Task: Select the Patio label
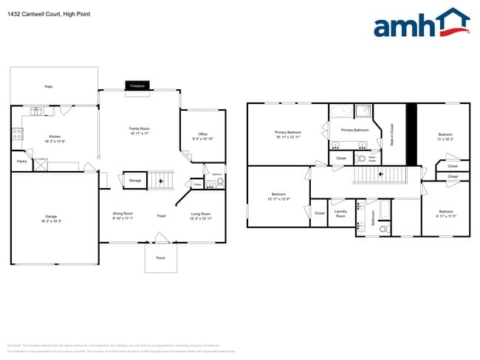(x=49, y=87)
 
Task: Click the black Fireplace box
(x=137, y=86)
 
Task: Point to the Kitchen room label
(x=55, y=136)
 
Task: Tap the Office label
(x=202, y=134)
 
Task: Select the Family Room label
(x=140, y=129)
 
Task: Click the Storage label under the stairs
(x=135, y=180)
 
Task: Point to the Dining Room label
(x=123, y=214)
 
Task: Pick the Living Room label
(x=201, y=214)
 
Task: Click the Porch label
(x=160, y=258)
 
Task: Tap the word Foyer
(x=161, y=215)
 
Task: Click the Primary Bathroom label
(x=354, y=130)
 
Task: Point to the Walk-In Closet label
(x=392, y=134)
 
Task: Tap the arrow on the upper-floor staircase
(x=381, y=175)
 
